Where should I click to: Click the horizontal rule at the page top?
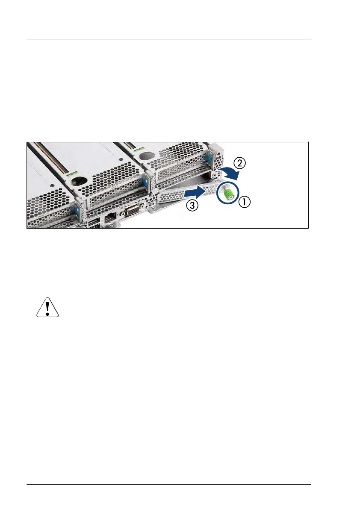pyautogui.click(x=168, y=39)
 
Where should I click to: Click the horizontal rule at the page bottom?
pyautogui.click(x=168, y=484)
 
